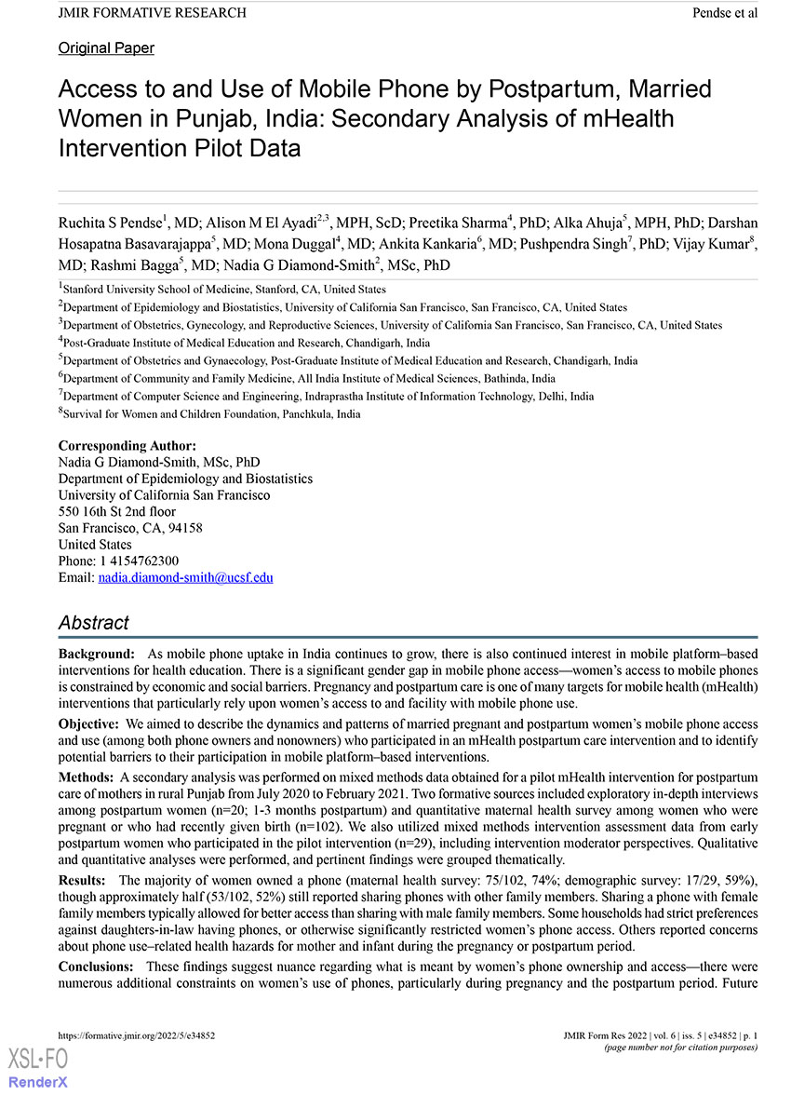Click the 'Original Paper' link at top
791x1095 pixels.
click(106, 48)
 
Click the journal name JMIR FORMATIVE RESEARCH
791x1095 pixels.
click(153, 13)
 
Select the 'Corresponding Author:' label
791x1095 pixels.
click(127, 446)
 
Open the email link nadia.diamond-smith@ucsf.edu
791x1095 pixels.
click(185, 577)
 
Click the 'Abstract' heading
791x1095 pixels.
click(93, 623)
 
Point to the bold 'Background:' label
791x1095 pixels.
click(96, 655)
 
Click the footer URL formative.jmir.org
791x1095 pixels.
click(137, 1034)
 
